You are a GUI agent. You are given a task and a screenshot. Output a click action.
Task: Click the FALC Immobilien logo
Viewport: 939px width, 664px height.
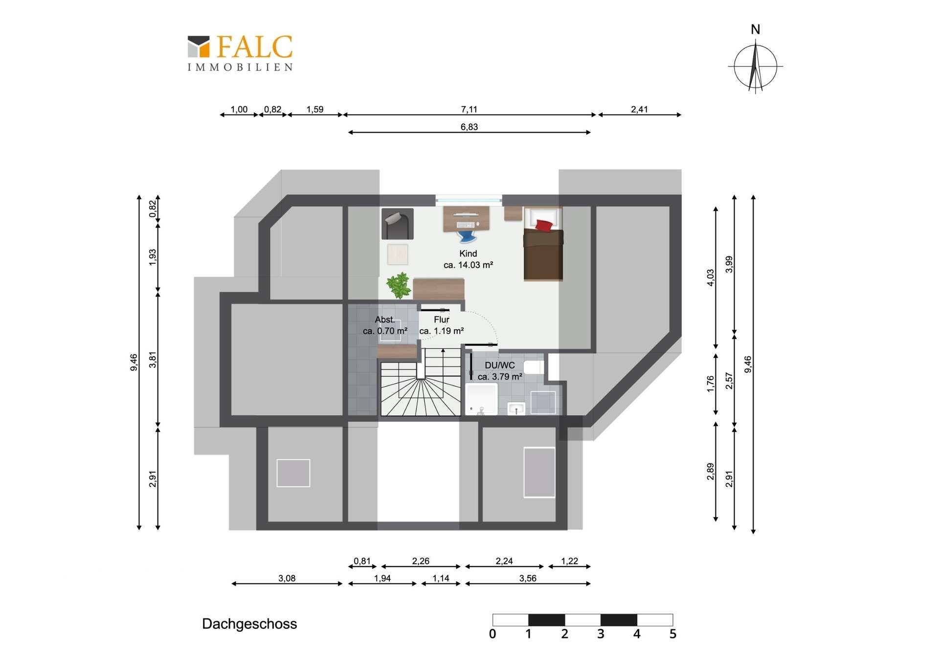point(240,53)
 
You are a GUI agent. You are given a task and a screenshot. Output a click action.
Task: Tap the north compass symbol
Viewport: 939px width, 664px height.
point(756,60)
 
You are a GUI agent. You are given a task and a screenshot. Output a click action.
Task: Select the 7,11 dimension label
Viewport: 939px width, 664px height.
point(469,110)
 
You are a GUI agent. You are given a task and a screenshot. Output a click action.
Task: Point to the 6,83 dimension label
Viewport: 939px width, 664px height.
point(469,127)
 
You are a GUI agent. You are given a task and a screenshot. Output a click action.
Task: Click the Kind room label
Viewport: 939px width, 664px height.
point(468,253)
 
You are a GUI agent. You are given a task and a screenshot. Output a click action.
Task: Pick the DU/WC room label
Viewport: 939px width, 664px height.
point(500,365)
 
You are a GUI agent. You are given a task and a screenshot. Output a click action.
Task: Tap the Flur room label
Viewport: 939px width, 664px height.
point(441,320)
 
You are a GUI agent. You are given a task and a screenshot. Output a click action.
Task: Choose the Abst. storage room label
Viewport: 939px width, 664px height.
point(385,320)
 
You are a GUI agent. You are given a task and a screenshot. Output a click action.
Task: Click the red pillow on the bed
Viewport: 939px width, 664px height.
point(544,225)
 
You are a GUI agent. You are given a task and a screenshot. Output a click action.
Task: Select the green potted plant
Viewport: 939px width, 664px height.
point(399,285)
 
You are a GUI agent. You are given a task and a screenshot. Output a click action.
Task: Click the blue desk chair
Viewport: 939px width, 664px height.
point(467,237)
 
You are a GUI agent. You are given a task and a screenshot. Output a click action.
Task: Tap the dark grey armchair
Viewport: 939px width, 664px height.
point(398,224)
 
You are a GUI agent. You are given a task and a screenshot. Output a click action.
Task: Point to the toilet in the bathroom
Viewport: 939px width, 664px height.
point(534,367)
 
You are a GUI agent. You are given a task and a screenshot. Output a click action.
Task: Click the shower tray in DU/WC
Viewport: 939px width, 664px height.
point(482,399)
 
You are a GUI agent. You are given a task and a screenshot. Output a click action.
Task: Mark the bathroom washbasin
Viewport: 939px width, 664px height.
point(516,409)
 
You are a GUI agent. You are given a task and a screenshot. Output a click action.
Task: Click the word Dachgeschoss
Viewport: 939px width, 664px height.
point(249,624)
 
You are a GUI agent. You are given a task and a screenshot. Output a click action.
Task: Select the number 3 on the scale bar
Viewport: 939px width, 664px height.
point(601,634)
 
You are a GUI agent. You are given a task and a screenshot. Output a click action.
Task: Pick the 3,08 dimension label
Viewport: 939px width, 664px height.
point(287,578)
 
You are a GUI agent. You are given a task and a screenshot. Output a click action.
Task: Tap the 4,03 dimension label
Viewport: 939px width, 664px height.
point(711,277)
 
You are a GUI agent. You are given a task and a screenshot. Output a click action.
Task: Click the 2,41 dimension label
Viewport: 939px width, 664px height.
point(639,110)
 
